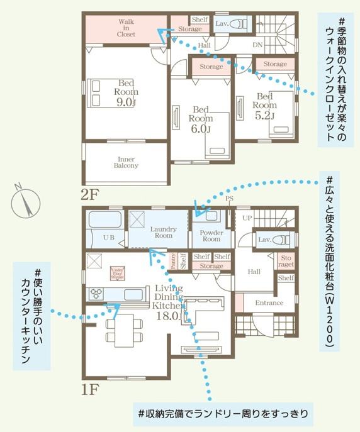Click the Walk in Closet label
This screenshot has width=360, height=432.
click(x=126, y=28)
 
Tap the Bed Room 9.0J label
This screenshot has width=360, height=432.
click(x=126, y=92)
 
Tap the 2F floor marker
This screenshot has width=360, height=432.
click(x=89, y=193)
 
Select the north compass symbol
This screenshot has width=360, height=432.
click(x=25, y=202)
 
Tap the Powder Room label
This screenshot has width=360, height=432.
click(x=211, y=236)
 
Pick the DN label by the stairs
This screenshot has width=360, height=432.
click(x=257, y=45)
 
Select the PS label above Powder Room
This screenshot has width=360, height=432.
click(x=230, y=199)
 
